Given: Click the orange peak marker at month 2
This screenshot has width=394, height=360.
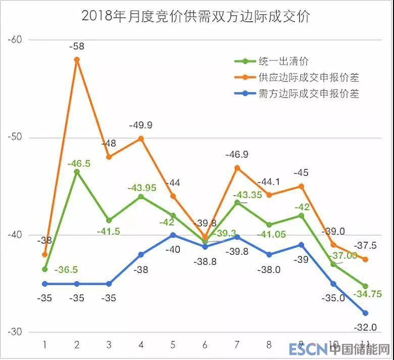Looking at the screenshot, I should coord(77,60).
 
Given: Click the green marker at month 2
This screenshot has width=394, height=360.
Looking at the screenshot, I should coord(77,172).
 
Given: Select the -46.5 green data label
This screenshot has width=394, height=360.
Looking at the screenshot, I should coord(80,164).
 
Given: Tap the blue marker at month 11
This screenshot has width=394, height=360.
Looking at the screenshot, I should coord(365,313).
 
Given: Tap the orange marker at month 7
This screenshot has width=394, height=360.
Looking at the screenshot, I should coord(237,168).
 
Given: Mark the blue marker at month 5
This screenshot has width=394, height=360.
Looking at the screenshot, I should coord(173,235).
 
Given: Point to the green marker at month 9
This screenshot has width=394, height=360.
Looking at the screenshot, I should coord(302,216).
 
